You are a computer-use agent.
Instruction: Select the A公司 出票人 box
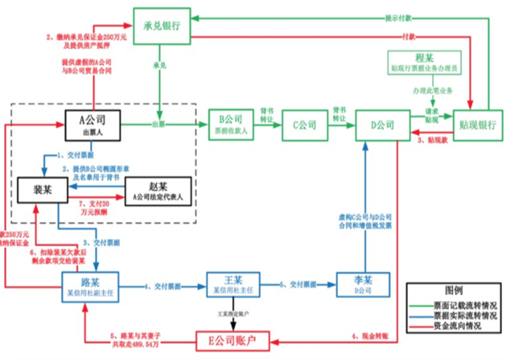(x=92, y=124)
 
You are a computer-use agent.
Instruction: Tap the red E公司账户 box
(x=234, y=341)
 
